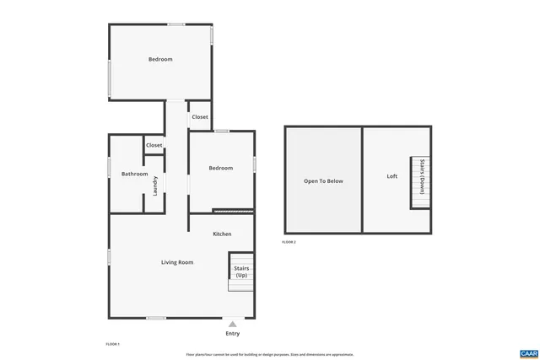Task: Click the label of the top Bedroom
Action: click(x=160, y=59)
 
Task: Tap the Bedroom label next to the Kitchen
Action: click(x=221, y=168)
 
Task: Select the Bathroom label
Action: click(x=134, y=174)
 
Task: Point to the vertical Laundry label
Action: click(x=155, y=185)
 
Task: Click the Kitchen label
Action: click(x=222, y=234)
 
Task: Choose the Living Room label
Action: click(x=177, y=262)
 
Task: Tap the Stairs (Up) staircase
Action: click(x=241, y=272)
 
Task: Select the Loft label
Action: click(x=391, y=176)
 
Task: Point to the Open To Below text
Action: click(x=324, y=180)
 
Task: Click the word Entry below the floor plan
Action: click(x=232, y=334)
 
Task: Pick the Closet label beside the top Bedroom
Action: click(x=200, y=117)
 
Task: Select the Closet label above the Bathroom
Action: click(x=154, y=145)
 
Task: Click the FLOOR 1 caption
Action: click(x=113, y=344)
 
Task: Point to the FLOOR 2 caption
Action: click(x=289, y=242)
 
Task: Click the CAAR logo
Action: click(x=529, y=352)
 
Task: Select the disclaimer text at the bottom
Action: click(x=270, y=354)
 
